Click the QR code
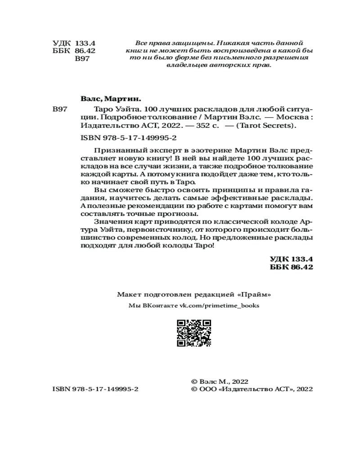(194, 333)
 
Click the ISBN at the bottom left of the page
(95, 389)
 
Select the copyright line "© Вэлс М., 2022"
(220, 381)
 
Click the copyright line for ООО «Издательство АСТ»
(252, 389)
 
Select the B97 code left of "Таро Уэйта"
(60, 110)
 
